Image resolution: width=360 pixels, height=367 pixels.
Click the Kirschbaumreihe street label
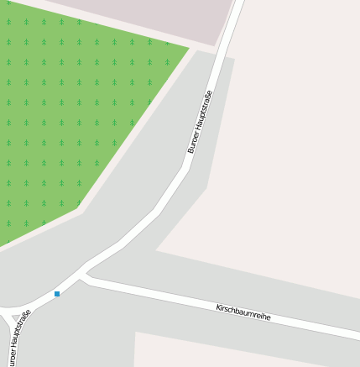coord(243,312)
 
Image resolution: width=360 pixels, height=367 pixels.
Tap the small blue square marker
coord(57,294)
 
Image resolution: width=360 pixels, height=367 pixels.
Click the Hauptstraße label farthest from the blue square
coord(199,122)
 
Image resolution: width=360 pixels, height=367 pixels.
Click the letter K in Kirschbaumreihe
coord(217,307)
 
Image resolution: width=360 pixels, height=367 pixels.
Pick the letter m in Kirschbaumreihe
coord(251,314)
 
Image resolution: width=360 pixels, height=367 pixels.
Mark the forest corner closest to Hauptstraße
coord(189,48)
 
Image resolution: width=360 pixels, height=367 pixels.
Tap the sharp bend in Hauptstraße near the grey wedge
coord(185,168)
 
